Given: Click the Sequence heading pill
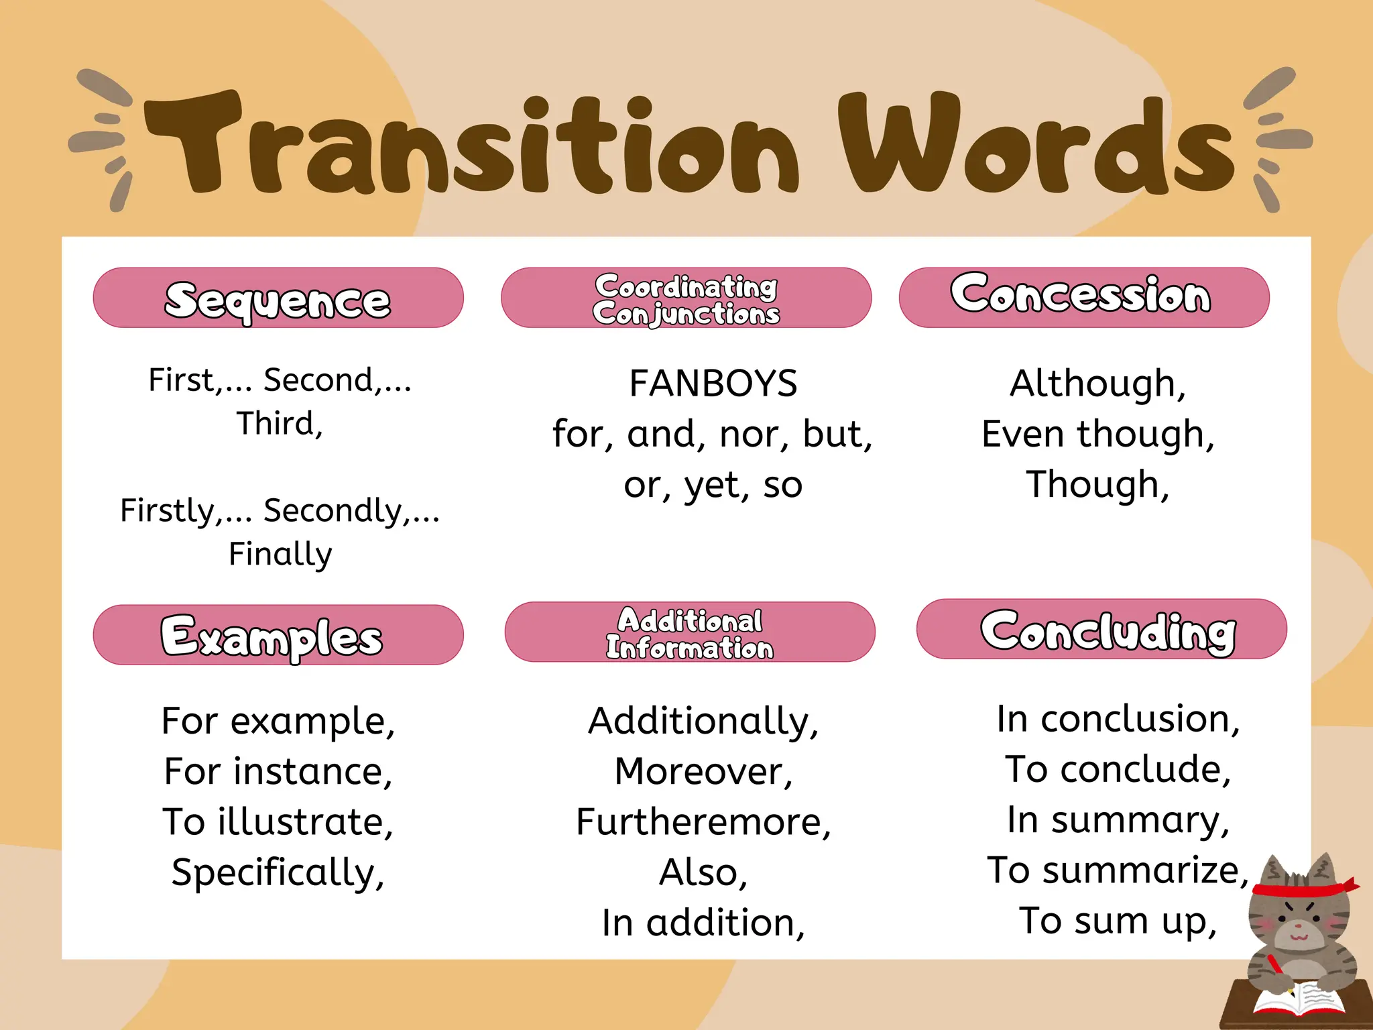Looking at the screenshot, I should [x=278, y=298].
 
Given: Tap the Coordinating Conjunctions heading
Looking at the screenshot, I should [x=686, y=298].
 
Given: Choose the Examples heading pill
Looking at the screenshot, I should [x=278, y=635].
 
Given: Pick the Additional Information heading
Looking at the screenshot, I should [x=690, y=632].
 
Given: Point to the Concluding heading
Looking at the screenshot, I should [x=1101, y=630].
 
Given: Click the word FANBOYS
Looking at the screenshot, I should [x=713, y=384].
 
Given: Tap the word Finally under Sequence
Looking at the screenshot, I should [x=280, y=555].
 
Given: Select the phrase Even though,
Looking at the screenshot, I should [x=1097, y=435].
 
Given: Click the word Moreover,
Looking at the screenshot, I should [x=703, y=772].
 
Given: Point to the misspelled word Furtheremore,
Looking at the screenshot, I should [x=703, y=822].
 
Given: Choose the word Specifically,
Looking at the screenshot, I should [x=278, y=873].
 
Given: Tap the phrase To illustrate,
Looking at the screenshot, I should [x=278, y=822].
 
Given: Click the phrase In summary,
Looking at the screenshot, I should [x=1118, y=820].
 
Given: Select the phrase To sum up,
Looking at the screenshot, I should [x=1118, y=921].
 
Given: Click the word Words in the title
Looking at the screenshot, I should [x=1036, y=144].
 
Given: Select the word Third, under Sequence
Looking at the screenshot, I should [x=280, y=424].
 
